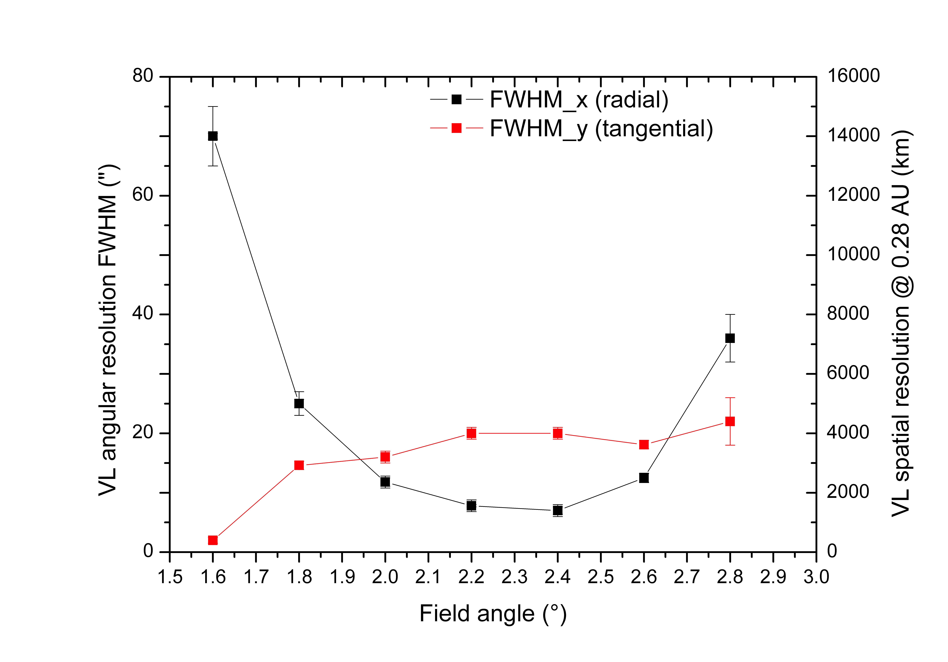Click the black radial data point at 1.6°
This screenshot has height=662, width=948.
point(213,136)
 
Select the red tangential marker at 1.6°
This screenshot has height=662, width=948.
point(213,540)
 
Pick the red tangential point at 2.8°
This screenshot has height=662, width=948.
point(730,421)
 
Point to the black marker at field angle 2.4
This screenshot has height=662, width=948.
point(558,510)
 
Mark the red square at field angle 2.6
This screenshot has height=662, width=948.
point(644,444)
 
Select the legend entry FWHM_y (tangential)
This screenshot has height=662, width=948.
point(601,128)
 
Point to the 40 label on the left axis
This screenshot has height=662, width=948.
point(142,314)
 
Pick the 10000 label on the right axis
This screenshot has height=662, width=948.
point(853,254)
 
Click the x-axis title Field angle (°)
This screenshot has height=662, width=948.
point(493,614)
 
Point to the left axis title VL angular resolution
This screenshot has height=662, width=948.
point(108,330)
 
